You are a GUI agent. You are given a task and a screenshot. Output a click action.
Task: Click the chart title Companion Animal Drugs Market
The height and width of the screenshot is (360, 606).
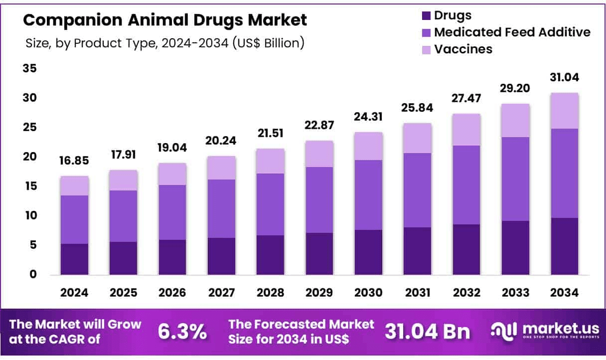(x=165, y=20)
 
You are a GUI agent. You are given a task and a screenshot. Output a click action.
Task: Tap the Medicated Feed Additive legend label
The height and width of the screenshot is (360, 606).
(x=512, y=32)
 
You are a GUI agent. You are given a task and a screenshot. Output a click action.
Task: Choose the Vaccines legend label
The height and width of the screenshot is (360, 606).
(x=463, y=49)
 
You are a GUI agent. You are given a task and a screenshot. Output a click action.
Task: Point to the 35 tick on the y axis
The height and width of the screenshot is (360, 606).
(x=29, y=69)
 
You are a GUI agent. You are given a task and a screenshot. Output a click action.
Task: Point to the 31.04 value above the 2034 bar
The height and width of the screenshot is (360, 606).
(x=565, y=78)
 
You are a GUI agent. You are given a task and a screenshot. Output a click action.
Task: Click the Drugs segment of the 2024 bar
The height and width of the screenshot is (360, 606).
(x=75, y=259)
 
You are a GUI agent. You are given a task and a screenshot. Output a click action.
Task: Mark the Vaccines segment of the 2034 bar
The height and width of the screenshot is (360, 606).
(x=565, y=111)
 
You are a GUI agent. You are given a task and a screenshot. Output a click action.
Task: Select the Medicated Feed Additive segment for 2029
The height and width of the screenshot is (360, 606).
(x=319, y=200)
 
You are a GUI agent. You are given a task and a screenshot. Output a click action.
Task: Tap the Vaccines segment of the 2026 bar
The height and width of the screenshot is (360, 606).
(x=172, y=174)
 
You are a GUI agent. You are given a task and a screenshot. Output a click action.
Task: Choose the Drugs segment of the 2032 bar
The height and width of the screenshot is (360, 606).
(x=466, y=250)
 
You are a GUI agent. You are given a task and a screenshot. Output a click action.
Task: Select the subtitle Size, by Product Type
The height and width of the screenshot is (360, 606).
(x=165, y=43)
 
